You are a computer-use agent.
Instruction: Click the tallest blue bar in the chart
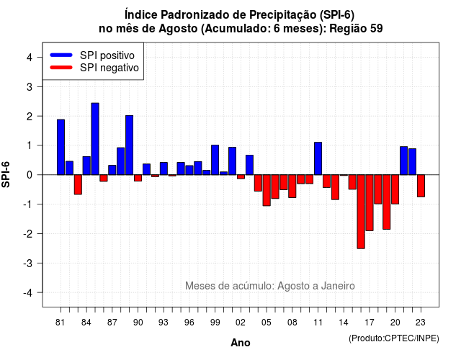pos(95,139)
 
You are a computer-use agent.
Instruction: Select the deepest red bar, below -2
pos(361,212)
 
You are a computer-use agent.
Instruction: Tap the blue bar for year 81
pos(61,147)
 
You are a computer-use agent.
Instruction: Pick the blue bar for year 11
pos(318,158)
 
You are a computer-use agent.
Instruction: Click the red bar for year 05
pos(267,190)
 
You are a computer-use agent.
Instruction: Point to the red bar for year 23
pos(421,186)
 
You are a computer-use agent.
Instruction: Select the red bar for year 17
pos(370,203)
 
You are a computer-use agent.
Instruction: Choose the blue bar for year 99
pos(215,160)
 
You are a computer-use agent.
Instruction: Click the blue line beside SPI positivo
pos(61,55)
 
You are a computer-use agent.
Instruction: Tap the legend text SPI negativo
pos(109,68)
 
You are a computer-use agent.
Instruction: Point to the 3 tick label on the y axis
pos(30,86)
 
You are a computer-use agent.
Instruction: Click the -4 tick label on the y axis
pos(28,292)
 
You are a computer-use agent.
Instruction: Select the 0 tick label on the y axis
pos(30,175)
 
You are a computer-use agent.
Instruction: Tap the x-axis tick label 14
pos(344,323)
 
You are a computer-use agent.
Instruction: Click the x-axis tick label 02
pos(241,323)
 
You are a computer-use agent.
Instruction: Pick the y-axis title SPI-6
pos(6,174)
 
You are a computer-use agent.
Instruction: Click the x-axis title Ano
pos(241,343)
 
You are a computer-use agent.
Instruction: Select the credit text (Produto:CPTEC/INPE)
pos(394,338)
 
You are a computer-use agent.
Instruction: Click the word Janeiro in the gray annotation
pos(338,286)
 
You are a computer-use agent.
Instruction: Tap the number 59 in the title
pos(376,29)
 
